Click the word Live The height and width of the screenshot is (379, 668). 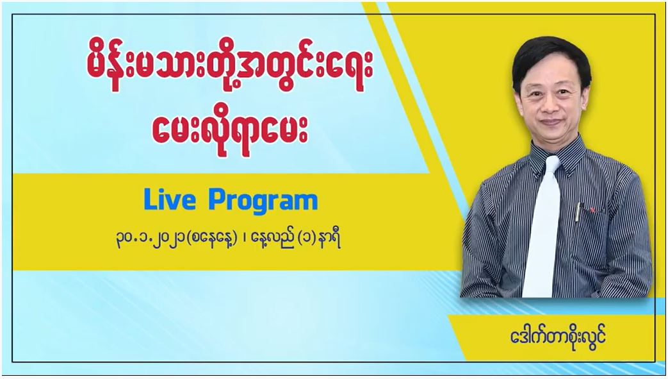tap(170, 199)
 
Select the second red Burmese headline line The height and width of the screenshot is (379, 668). tap(230, 131)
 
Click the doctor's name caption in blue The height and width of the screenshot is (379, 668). tap(558, 337)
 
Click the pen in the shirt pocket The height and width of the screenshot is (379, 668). tap(578, 212)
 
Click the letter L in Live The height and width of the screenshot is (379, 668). tap(150, 199)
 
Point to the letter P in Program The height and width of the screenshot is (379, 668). tap(216, 199)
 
